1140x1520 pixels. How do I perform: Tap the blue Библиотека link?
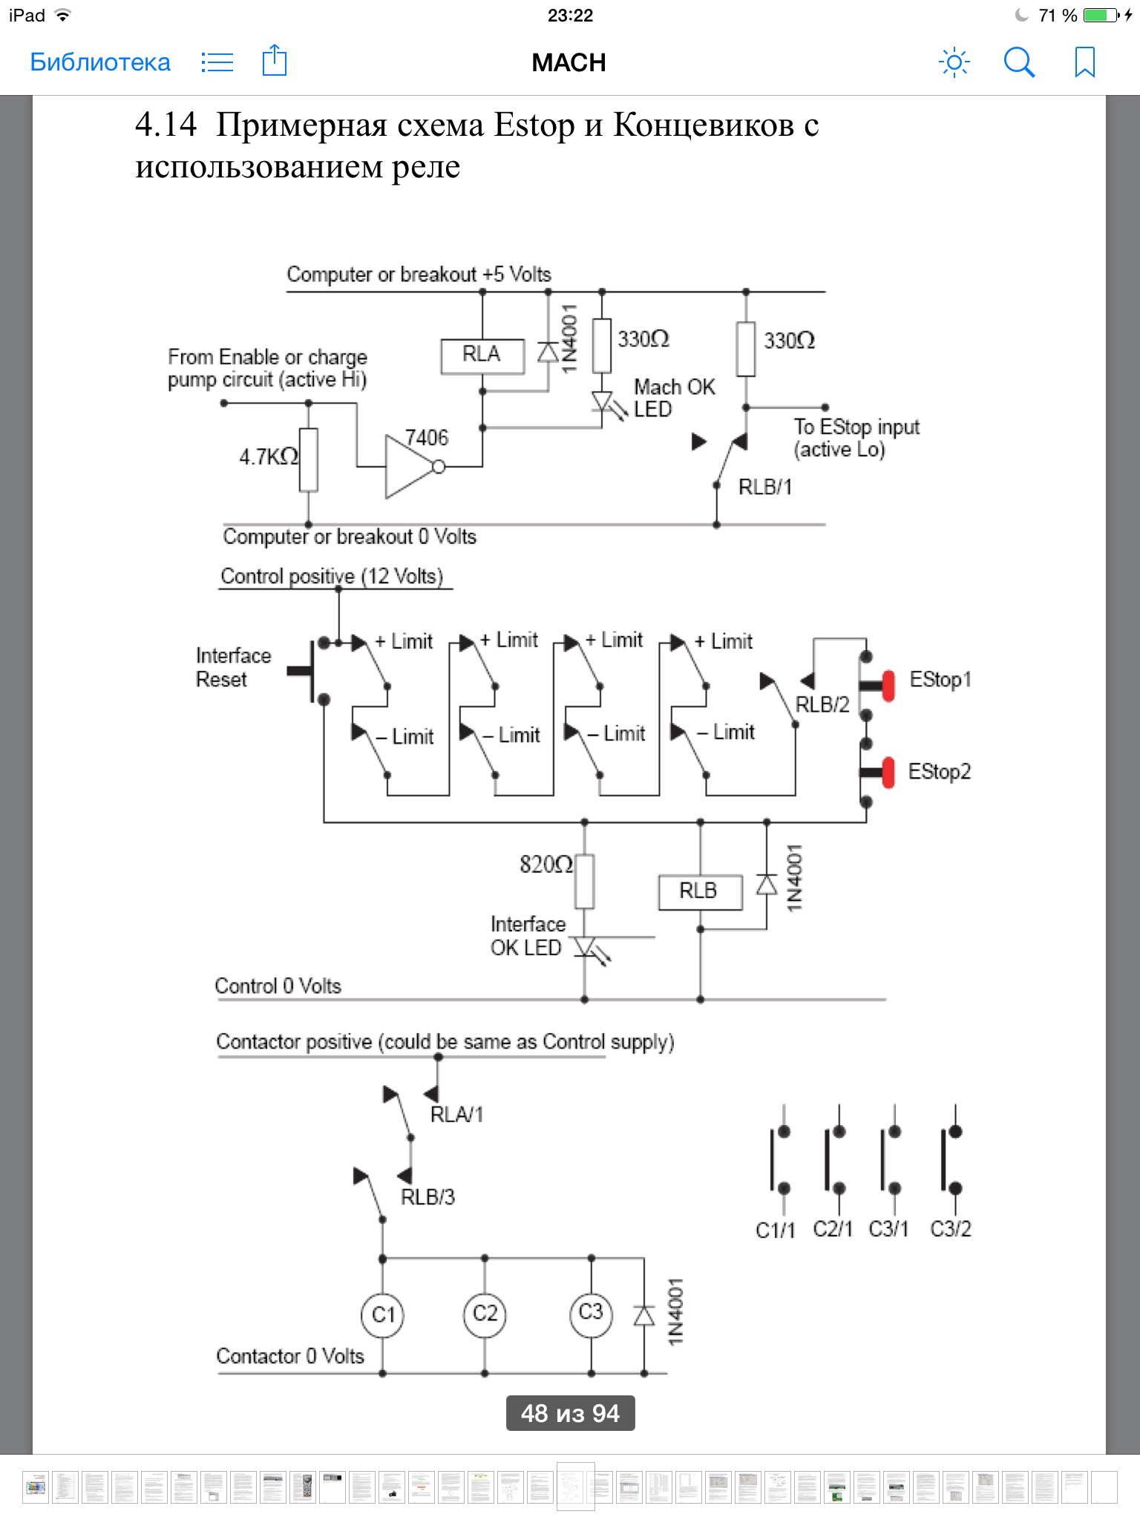(100, 62)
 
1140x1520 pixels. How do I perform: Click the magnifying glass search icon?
(1019, 62)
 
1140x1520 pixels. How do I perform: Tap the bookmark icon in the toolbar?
(1084, 62)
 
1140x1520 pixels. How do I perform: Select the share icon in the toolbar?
(275, 61)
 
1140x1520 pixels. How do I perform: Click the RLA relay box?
(482, 356)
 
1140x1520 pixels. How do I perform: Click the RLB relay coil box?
(699, 891)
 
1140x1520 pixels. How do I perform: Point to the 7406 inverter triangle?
(407, 467)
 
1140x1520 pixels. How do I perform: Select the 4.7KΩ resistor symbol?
(309, 459)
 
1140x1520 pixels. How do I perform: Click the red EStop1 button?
(888, 685)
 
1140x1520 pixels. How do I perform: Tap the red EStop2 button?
(888, 773)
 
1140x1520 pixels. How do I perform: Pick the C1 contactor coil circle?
(383, 1315)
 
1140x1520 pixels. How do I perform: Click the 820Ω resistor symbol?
(585, 882)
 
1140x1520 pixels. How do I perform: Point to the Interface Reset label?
(233, 667)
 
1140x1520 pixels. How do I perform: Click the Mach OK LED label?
(674, 398)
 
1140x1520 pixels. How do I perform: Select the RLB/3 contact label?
(427, 1197)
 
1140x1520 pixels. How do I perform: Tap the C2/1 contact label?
(833, 1229)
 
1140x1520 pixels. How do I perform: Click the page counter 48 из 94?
(570, 1413)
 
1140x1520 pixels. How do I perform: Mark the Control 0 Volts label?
(278, 986)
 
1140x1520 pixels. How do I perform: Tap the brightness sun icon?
(954, 62)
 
